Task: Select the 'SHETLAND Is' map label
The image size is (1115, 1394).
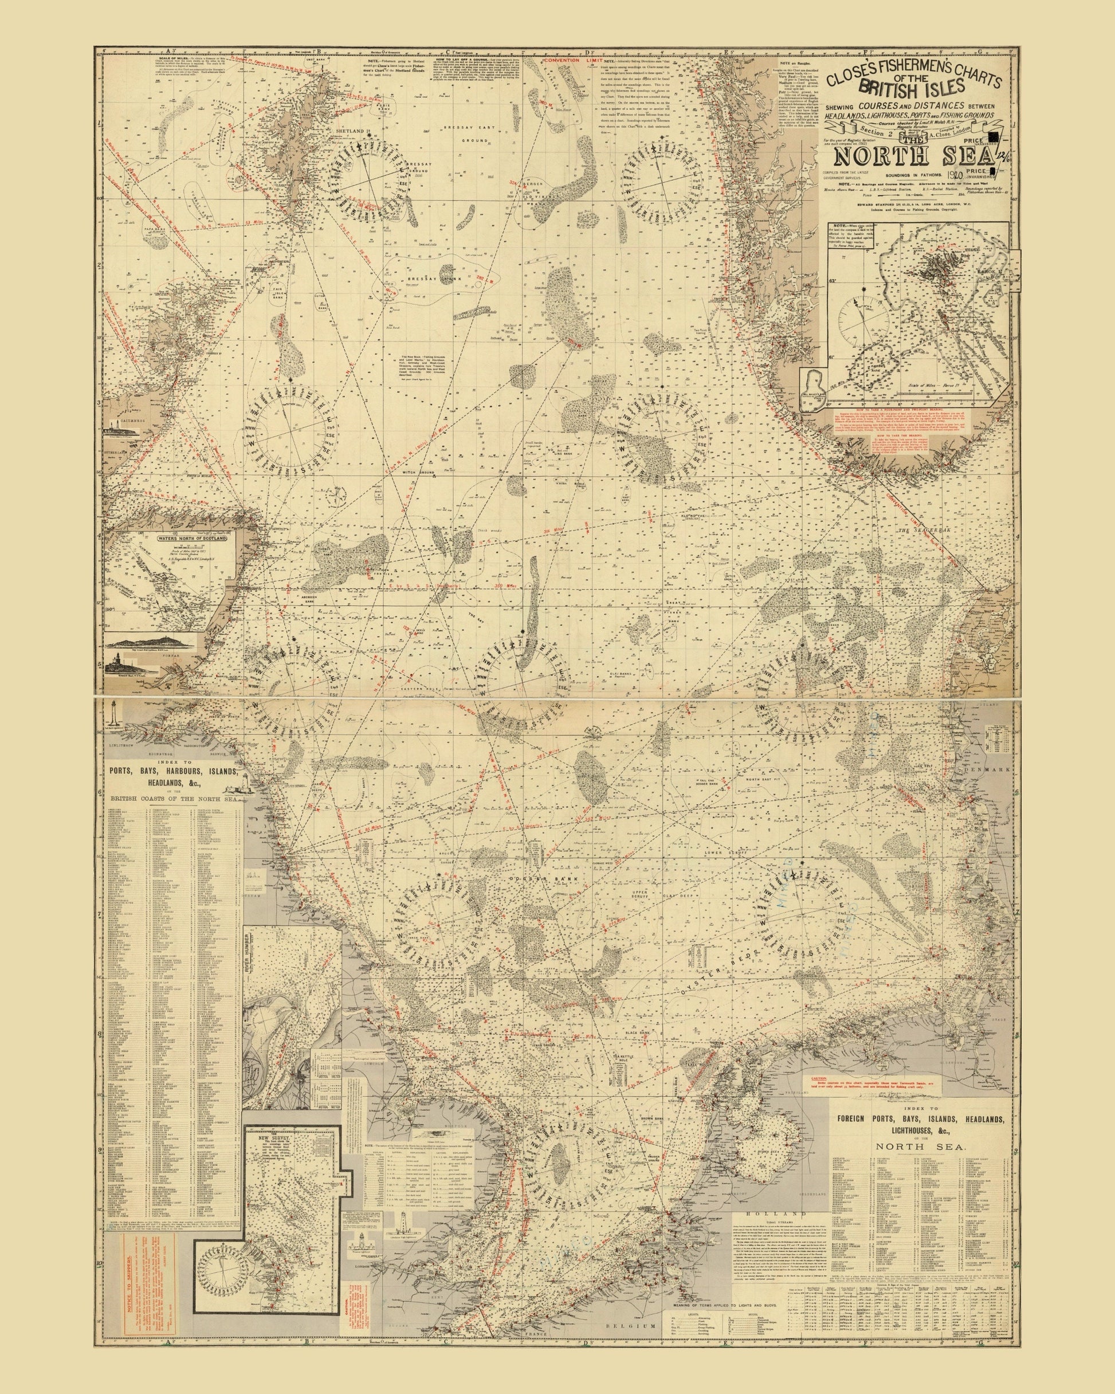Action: click(x=352, y=131)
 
